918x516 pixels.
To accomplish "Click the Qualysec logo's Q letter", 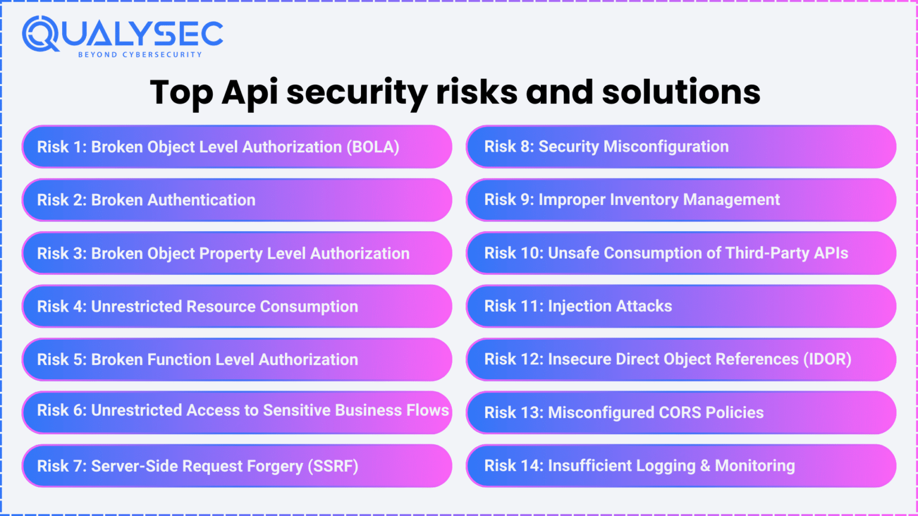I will [x=40, y=33].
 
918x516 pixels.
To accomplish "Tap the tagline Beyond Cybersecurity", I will [x=140, y=54].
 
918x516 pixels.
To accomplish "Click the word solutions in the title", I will [x=681, y=93].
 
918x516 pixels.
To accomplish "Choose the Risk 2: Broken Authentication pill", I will [x=237, y=200].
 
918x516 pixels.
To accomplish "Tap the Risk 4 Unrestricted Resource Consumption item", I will [x=237, y=306].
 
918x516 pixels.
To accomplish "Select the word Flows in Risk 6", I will [x=427, y=410].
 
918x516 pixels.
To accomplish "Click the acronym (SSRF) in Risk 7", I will [x=333, y=466].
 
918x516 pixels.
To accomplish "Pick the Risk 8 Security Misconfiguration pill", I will [x=681, y=147].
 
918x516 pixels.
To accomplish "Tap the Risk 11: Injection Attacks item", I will [x=681, y=306].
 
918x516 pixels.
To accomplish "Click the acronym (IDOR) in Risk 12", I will [x=827, y=360].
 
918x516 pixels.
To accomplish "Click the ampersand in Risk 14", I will [x=705, y=466].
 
